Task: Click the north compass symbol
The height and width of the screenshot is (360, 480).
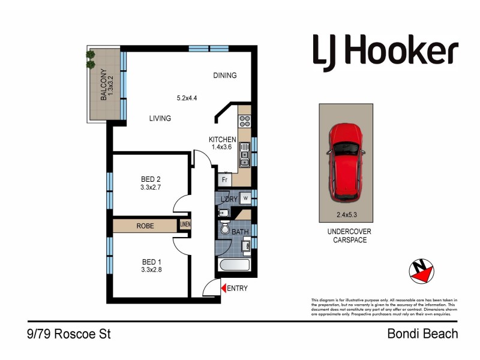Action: (421, 271)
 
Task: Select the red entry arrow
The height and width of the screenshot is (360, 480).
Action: (224, 289)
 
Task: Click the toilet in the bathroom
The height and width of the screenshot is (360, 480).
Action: (224, 229)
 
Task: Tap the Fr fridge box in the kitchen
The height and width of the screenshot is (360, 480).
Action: (224, 179)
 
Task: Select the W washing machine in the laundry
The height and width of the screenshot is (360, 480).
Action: (245, 198)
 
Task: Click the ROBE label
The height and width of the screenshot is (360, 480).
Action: (145, 226)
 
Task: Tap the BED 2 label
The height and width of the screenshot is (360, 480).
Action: (151, 179)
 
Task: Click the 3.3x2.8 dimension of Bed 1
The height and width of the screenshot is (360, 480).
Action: (152, 271)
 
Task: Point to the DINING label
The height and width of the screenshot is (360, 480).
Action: (225, 76)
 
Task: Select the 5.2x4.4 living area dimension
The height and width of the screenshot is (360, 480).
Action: (188, 98)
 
